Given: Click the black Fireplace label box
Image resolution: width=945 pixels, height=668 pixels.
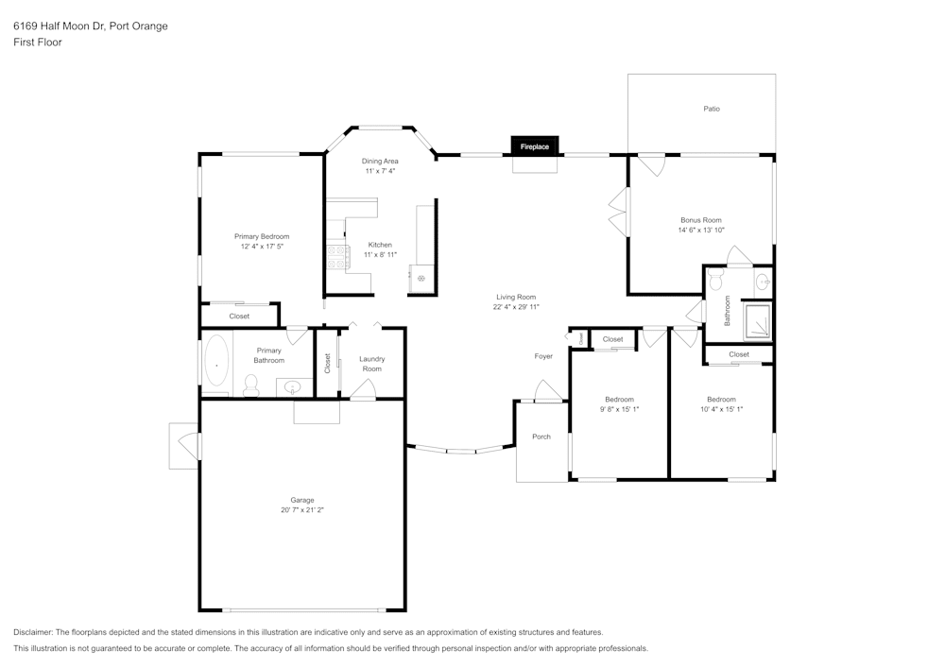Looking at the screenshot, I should (535, 146).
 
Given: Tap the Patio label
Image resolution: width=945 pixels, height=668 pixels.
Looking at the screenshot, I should (712, 109).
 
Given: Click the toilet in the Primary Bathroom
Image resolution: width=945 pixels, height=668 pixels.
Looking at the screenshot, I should (251, 385).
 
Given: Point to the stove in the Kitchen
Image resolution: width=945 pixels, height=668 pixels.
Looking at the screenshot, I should (336, 256).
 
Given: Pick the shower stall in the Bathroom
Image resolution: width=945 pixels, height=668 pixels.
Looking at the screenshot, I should (757, 321).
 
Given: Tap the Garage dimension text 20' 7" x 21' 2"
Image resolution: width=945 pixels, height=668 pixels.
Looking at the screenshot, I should (301, 510).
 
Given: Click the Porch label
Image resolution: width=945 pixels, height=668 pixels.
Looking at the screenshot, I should (541, 437).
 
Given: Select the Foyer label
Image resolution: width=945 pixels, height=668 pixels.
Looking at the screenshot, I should (543, 356).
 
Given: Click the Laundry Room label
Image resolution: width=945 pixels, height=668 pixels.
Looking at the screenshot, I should (372, 364).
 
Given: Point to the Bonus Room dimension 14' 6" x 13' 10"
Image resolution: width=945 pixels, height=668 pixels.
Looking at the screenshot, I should (700, 230).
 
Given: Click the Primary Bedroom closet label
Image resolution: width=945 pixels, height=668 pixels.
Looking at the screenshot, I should (239, 317).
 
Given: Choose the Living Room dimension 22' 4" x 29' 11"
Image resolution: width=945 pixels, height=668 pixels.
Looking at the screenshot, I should (516, 307).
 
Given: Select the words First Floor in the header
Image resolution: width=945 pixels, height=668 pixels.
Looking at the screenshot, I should (38, 43).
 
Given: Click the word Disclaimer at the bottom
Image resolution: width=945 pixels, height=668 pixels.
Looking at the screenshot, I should (33, 632).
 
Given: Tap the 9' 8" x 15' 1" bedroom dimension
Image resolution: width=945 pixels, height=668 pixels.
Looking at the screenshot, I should (619, 409).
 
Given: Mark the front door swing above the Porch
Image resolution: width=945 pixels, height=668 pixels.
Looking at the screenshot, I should (547, 391).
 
